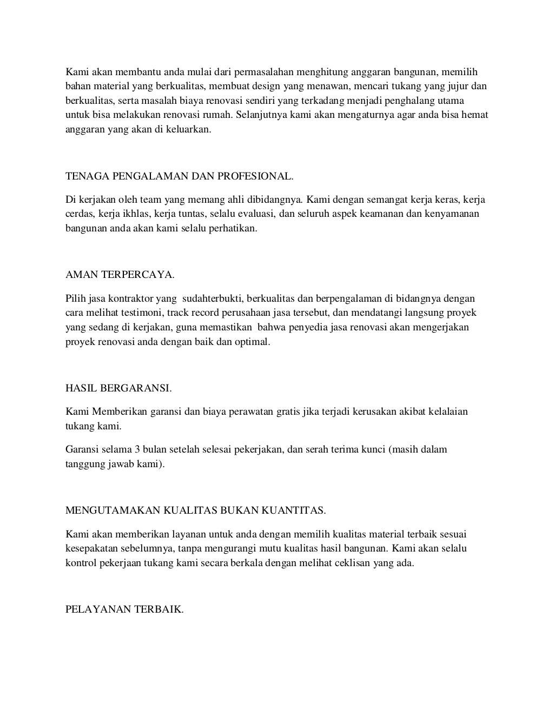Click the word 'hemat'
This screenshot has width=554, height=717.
point(476,115)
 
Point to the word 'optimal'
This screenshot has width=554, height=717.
point(253,342)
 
